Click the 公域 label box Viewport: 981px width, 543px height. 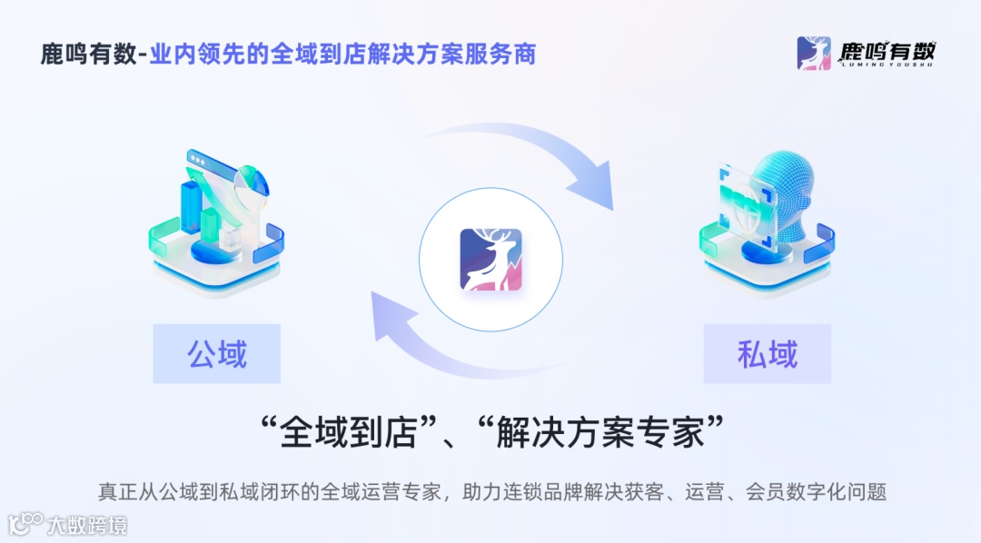(217, 353)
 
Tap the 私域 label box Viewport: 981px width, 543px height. (768, 353)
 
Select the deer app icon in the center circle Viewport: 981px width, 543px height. (490, 260)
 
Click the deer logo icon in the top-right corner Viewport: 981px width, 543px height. (814, 53)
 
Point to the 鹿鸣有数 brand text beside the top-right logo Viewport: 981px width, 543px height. (886, 53)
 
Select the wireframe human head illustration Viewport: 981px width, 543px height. (787, 190)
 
